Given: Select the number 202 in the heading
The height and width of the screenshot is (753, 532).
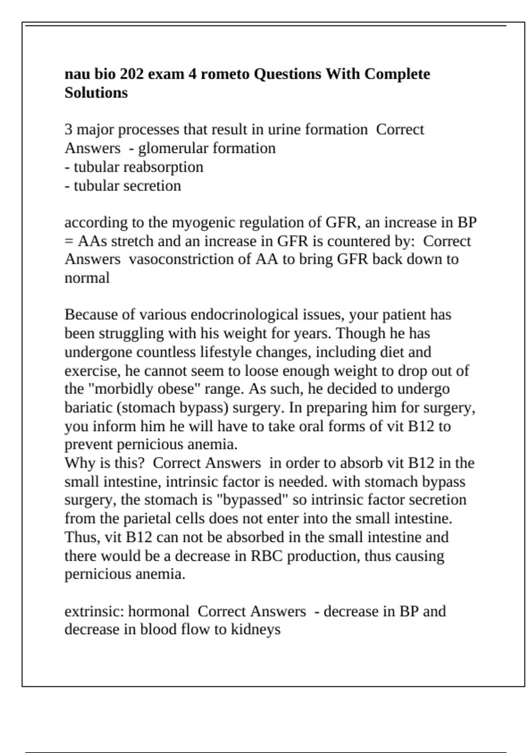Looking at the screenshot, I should pyautogui.click(x=131, y=74).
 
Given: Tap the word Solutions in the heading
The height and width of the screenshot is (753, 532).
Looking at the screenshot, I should pyautogui.click(x=96, y=93).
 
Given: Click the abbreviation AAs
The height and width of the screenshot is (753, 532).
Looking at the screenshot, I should pyautogui.click(x=92, y=241).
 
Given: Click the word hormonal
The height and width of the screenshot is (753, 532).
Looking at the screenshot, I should pyautogui.click(x=158, y=611).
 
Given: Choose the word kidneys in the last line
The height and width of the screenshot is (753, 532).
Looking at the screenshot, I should pyautogui.click(x=256, y=629).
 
